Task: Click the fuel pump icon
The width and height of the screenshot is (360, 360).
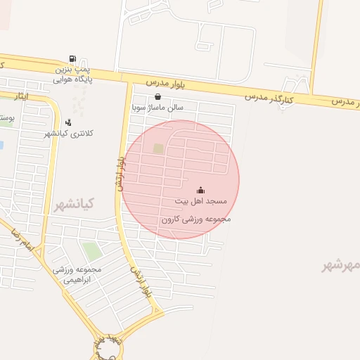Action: [x=72, y=59]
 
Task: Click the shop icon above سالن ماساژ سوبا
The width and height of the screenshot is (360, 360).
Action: [x=157, y=97]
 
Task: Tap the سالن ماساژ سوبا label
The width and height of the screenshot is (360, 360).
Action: [x=157, y=108]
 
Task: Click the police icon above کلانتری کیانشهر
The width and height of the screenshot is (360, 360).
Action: [x=68, y=122]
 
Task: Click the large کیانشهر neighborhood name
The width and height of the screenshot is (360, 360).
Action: [x=74, y=204]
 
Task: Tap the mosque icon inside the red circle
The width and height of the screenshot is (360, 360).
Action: [x=200, y=190]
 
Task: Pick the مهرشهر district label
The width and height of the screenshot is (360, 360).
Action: [x=340, y=265]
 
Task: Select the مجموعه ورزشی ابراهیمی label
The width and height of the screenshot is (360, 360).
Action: [x=77, y=274]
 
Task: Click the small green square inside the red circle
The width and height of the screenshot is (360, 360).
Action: [x=158, y=148]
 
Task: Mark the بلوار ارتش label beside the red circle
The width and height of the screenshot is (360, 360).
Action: [x=120, y=173]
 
